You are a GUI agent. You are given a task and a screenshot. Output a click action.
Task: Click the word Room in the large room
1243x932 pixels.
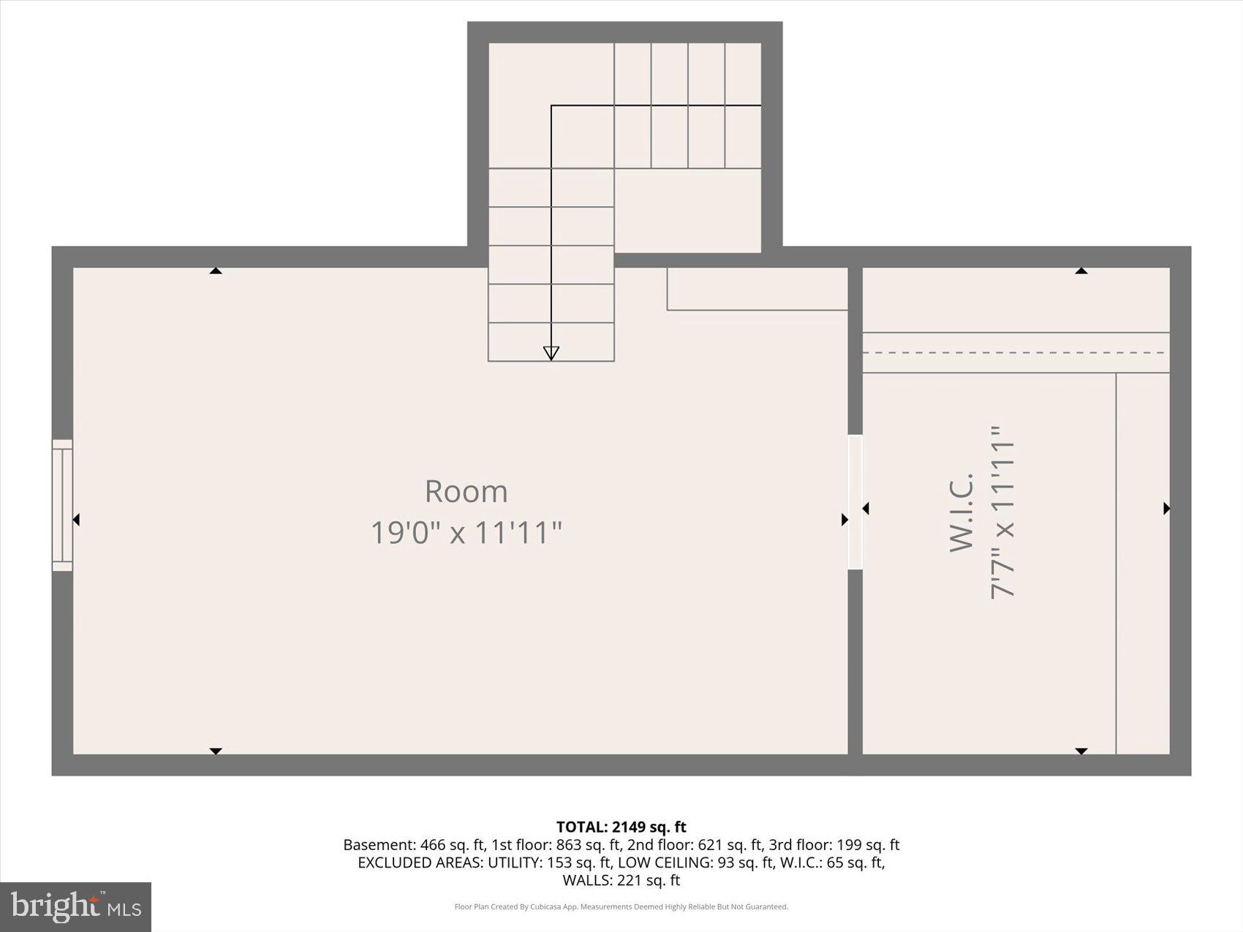[466, 491]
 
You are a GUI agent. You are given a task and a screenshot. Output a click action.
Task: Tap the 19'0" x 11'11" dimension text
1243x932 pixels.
[466, 532]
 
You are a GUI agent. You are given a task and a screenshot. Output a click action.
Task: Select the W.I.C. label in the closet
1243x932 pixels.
[961, 512]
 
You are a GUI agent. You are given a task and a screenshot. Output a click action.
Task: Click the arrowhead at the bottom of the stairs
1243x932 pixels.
[551, 353]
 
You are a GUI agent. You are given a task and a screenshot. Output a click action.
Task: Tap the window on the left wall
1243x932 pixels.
[62, 505]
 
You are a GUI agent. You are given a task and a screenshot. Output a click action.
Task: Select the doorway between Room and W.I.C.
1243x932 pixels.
[855, 501]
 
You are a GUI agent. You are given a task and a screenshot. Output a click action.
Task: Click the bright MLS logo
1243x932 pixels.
[76, 907]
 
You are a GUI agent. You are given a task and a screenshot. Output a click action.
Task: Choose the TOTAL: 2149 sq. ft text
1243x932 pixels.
[621, 827]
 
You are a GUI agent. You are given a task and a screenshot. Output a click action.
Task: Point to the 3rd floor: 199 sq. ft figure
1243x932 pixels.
[834, 845]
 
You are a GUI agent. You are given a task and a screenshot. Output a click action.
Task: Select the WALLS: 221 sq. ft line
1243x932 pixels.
[621, 880]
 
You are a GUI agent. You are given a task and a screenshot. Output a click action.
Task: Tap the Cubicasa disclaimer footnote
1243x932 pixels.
[621, 907]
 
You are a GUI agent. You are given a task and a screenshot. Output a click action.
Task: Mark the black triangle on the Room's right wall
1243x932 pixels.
[845, 520]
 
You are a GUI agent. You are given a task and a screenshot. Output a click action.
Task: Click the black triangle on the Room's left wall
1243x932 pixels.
[76, 520]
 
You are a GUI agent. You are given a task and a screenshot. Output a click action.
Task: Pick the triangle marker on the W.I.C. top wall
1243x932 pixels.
[1081, 271]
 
